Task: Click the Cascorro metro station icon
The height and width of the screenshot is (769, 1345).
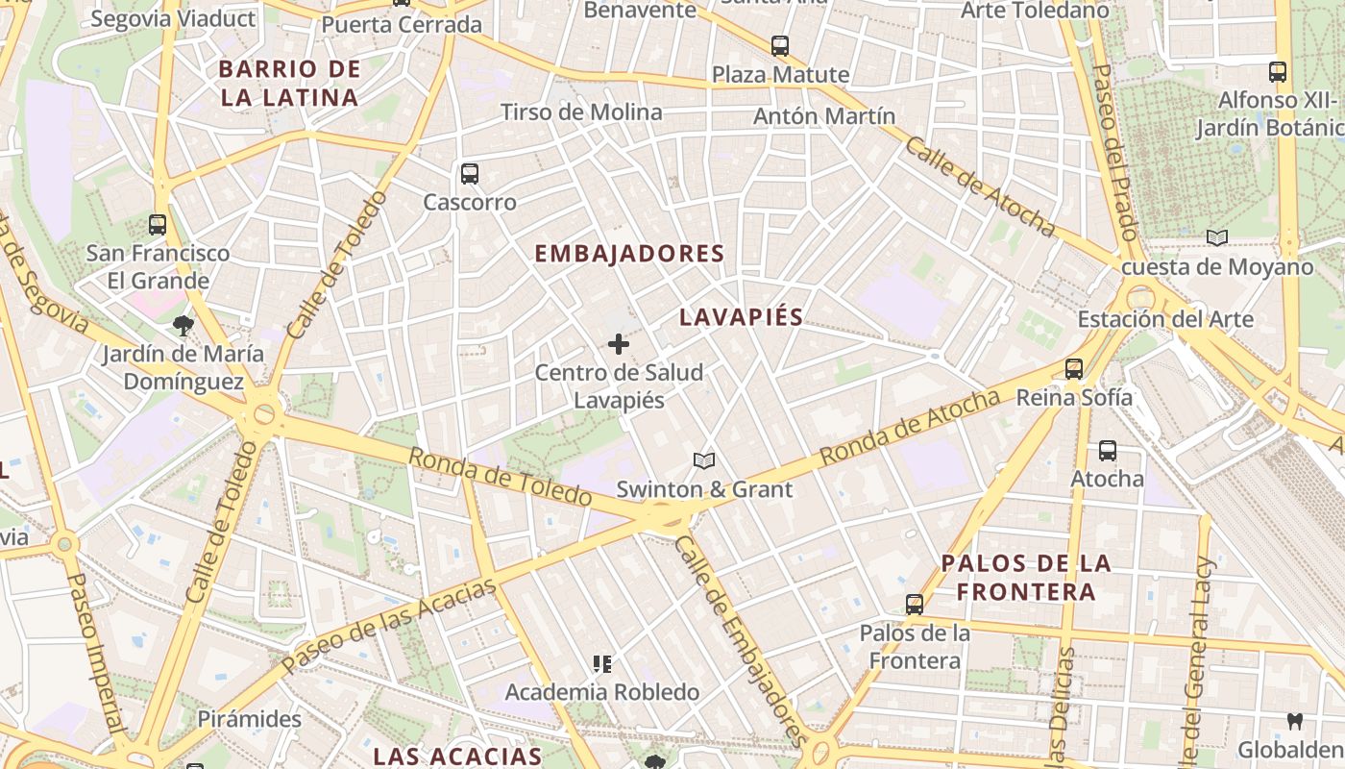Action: pos(469,174)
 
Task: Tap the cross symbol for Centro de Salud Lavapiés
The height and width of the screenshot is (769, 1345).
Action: pos(619,344)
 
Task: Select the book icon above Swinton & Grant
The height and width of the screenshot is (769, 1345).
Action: pos(704,461)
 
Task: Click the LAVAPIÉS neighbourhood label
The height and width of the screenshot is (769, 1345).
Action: pos(741,317)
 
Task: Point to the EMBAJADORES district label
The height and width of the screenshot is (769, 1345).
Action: pos(628,254)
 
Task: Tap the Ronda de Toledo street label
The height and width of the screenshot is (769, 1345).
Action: pos(500,477)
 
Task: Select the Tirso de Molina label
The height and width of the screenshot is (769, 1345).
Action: pos(581,112)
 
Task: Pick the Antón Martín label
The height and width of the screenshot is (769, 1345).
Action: pos(824,116)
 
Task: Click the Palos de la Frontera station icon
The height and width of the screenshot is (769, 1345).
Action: pos(915,605)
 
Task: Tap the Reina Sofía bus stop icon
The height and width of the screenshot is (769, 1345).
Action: pos(1074,369)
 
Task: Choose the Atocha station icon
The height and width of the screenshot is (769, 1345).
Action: pos(1108,451)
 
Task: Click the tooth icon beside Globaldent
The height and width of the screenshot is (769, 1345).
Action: pos(1294,721)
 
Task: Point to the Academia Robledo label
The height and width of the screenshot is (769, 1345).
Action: pos(602,692)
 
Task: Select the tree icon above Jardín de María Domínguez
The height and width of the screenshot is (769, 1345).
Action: pos(183,326)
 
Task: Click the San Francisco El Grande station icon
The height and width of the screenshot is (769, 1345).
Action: pos(158,225)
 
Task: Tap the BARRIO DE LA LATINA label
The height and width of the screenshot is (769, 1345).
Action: pos(289,83)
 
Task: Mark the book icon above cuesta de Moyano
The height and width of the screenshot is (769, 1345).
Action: pos(1217,238)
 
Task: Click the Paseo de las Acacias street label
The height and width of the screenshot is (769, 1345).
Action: pos(389,625)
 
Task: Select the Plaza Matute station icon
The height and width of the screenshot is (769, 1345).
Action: pos(780,45)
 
